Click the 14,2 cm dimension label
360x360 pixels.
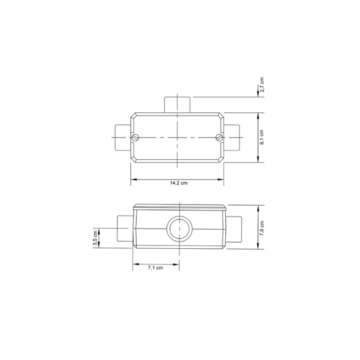pyautogui.click(x=178, y=183)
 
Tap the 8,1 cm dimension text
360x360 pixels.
pyautogui.click(x=262, y=137)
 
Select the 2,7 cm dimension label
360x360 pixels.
pyautogui.click(x=262, y=85)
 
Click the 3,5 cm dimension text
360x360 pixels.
pyautogui.click(x=95, y=238)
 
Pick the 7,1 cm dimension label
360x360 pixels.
pyautogui.click(x=155, y=268)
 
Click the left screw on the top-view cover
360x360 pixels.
pyautogui.click(x=135, y=137)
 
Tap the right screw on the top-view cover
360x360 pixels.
pyautogui.click(x=219, y=137)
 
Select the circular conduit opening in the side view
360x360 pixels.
pyautogui.click(x=179, y=229)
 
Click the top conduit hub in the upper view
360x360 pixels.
pyautogui.click(x=177, y=105)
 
